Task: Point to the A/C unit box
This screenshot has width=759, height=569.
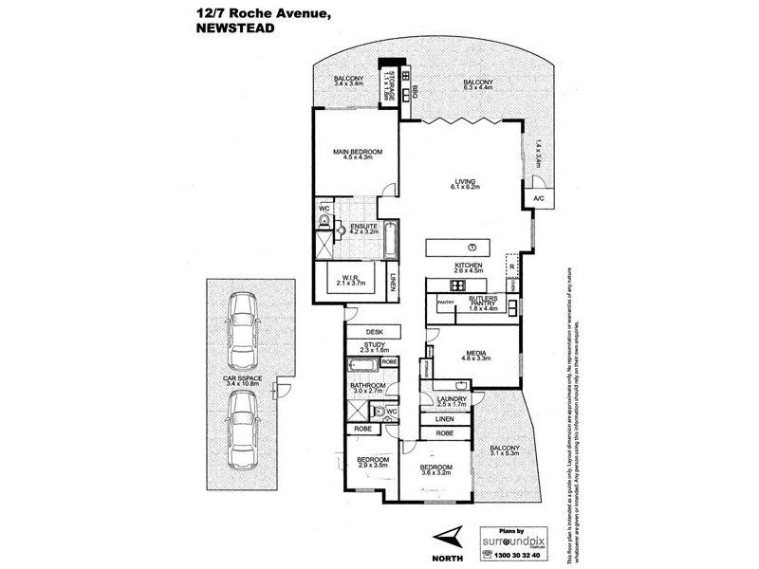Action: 538,198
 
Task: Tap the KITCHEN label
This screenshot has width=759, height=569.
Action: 471,266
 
